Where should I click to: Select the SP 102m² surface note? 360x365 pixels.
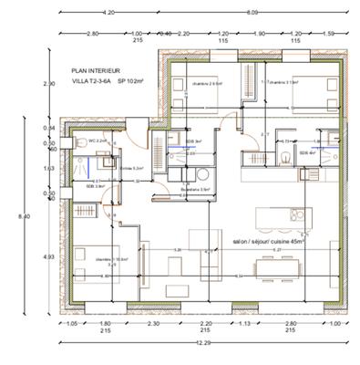(134, 80)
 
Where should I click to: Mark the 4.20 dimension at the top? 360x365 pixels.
(108, 13)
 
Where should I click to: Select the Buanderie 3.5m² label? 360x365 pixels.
(194, 189)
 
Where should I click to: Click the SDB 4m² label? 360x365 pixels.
(307, 153)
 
